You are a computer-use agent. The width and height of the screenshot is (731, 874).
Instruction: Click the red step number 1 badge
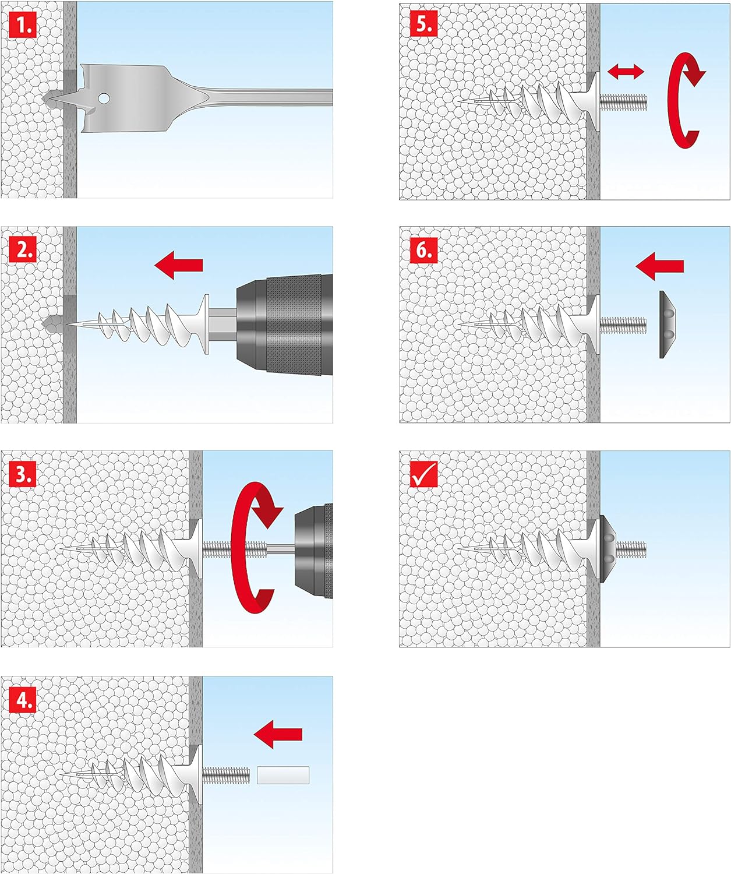click(x=23, y=26)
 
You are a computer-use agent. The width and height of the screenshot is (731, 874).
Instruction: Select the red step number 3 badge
click(x=23, y=474)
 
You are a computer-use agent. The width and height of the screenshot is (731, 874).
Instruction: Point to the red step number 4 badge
click(x=23, y=699)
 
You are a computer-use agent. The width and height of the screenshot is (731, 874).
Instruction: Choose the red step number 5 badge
click(x=423, y=24)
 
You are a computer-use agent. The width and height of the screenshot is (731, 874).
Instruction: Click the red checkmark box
click(x=423, y=474)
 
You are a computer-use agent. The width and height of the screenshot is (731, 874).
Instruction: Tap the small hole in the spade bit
click(x=104, y=98)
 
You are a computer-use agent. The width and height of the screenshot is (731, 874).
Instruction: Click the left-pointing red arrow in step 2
click(x=179, y=265)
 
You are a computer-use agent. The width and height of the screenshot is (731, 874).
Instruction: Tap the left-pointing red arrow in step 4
click(x=278, y=734)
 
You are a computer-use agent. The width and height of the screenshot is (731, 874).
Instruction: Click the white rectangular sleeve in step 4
click(x=283, y=775)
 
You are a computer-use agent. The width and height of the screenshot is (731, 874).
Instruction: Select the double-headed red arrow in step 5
click(x=626, y=72)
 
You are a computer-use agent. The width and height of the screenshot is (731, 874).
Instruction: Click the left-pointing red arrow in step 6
click(x=660, y=266)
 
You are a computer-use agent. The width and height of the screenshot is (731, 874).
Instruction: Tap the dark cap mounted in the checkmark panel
click(x=607, y=548)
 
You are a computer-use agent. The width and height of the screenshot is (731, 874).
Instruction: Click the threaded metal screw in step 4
click(x=226, y=775)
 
